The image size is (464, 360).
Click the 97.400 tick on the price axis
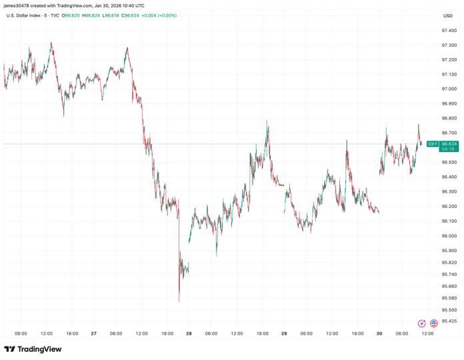[x=448, y=31]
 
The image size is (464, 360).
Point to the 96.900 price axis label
[x=448, y=104]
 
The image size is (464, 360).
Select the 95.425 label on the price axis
[x=448, y=321]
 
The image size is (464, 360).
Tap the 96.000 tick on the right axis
[x=448, y=236]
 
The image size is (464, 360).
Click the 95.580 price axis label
[x=448, y=298]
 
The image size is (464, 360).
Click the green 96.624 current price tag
[x=449, y=143]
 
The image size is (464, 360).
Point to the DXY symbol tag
[x=433, y=144]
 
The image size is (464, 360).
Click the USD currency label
[x=448, y=15]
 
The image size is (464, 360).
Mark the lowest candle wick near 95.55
[x=179, y=301]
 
